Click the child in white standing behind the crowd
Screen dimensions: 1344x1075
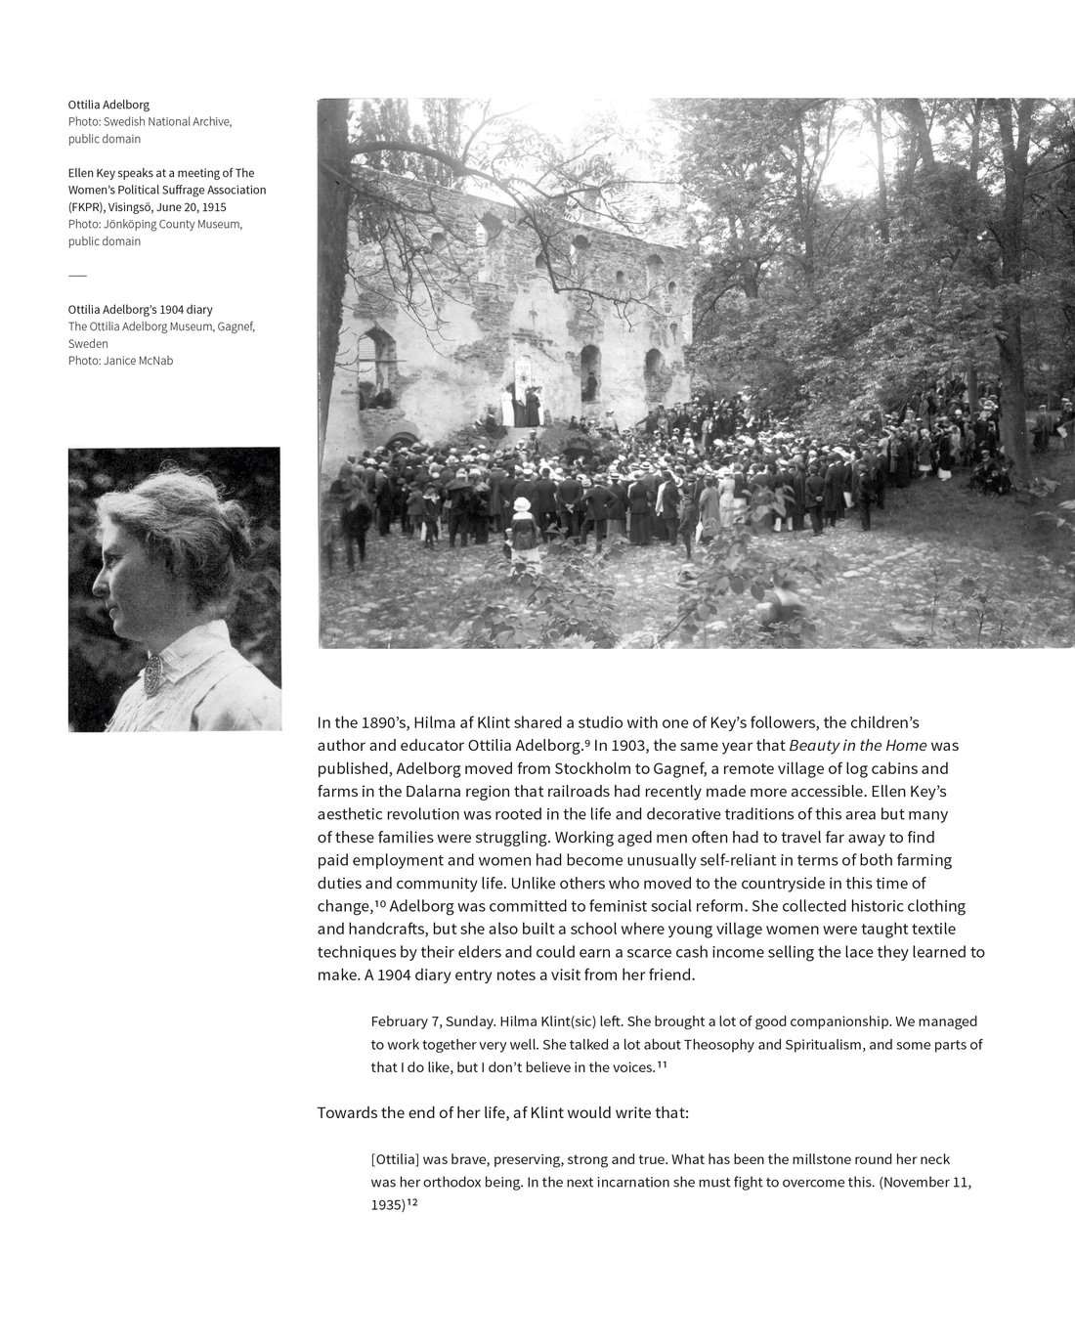coord(523,523)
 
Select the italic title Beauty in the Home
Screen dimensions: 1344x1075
coord(857,746)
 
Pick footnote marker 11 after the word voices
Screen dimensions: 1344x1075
coord(662,1064)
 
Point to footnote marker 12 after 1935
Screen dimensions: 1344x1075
coord(412,1203)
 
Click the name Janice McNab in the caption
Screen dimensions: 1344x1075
coord(138,361)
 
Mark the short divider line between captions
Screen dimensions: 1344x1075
coord(77,276)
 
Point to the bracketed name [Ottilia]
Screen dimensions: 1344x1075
coord(395,1159)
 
